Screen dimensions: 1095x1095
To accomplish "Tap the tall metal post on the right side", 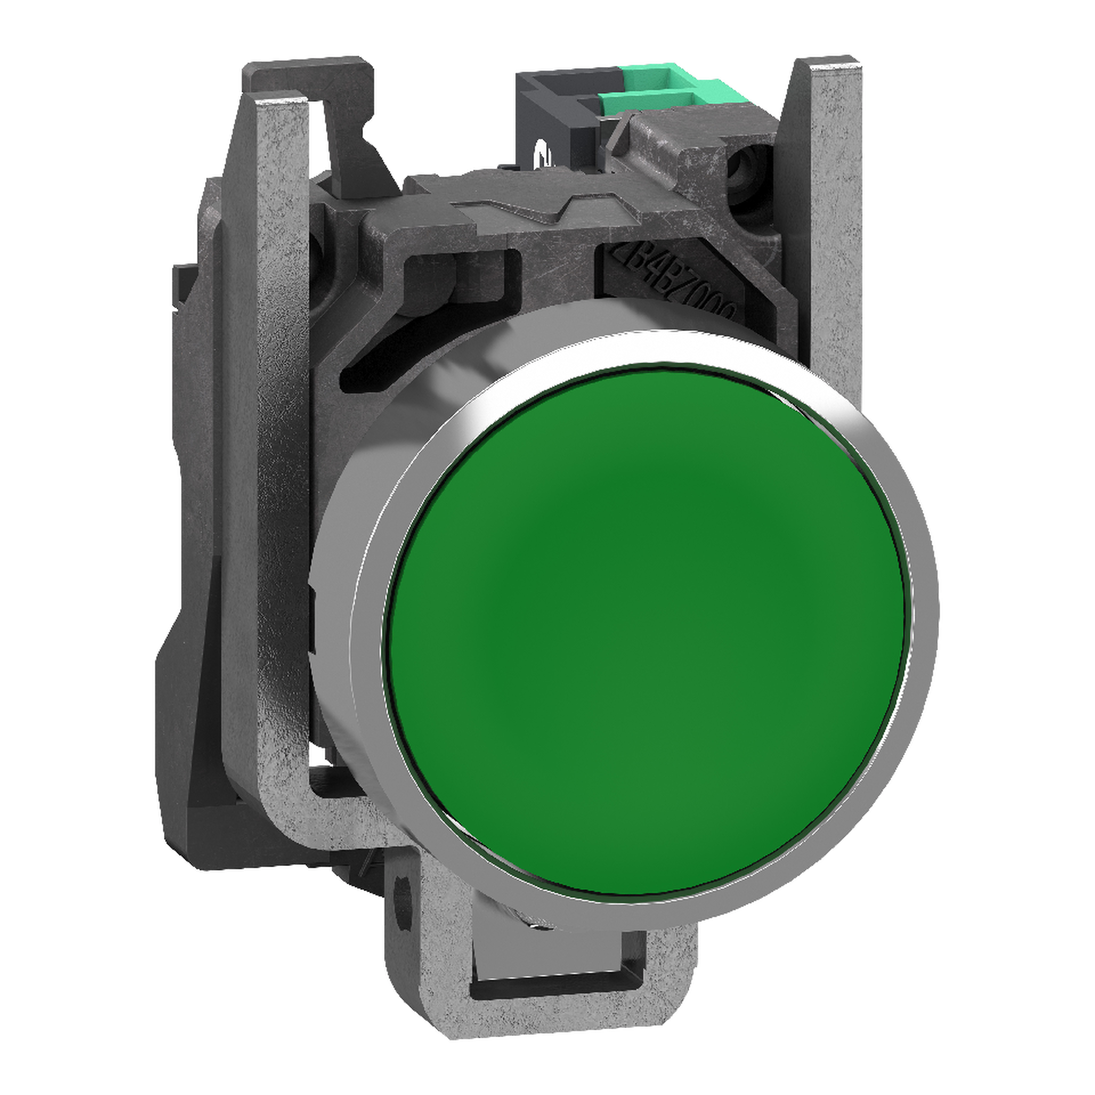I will (822, 227).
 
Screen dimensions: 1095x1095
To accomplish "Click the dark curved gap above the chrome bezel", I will (397, 363).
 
